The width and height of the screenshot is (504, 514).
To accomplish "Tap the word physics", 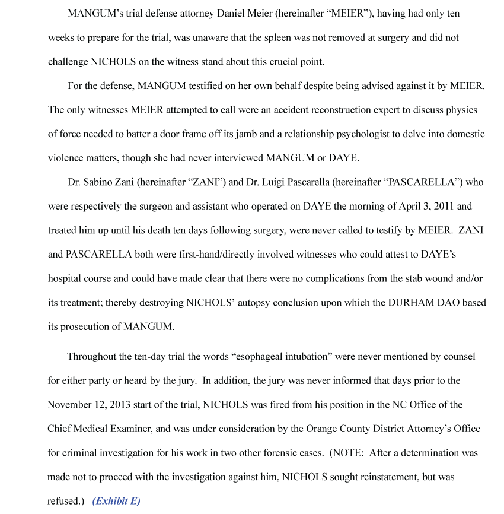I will click(x=463, y=110).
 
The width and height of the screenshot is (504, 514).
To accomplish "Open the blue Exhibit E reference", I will click(x=116, y=501).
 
